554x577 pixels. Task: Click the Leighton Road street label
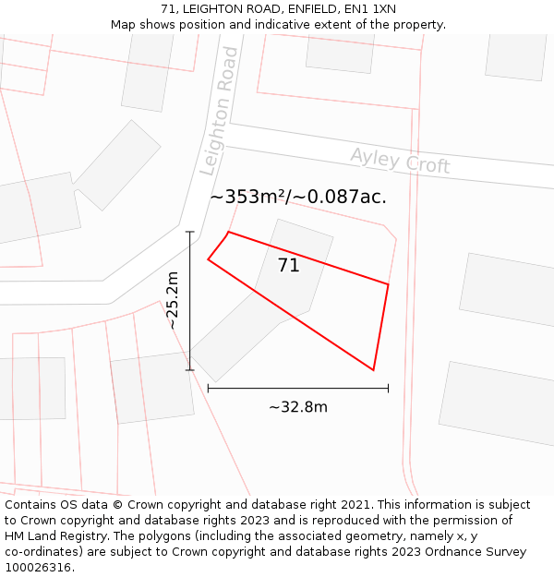220,112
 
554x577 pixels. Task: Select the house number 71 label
289,266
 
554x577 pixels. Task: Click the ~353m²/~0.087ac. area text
298,197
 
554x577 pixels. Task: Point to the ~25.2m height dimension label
172,301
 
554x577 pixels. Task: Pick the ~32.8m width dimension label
298,407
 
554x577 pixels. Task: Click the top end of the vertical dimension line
190,232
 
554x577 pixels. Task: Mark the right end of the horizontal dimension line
388,389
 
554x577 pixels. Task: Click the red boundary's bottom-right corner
373,370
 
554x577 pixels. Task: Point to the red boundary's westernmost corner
208,259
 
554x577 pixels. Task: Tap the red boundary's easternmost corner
388,284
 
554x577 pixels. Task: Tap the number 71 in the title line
167,9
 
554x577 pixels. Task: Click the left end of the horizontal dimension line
208,389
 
